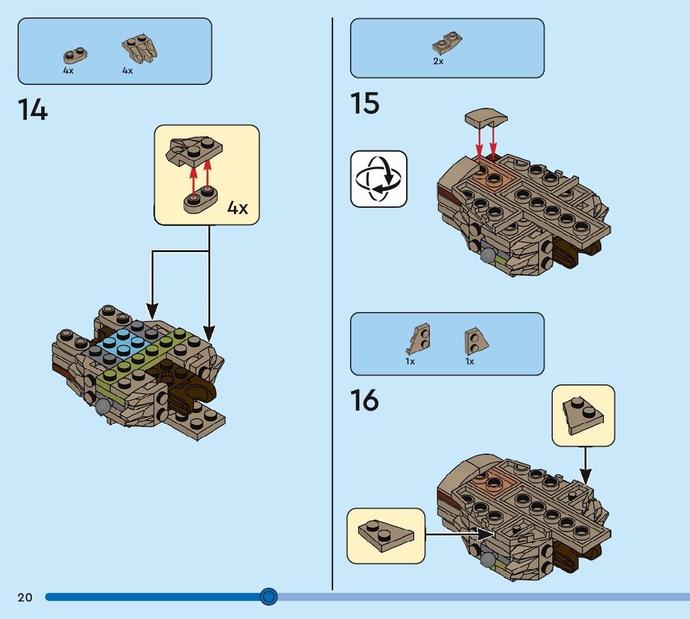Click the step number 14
click(33, 110)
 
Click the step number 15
click(365, 104)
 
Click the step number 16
click(365, 401)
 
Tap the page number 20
click(25, 597)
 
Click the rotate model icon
click(379, 178)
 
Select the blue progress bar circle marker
click(268, 597)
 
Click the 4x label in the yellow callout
click(238, 208)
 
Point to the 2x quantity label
click(438, 62)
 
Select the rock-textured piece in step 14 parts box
click(138, 49)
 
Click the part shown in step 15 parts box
click(447, 43)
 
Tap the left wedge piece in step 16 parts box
click(419, 340)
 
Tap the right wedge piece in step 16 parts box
click(476, 341)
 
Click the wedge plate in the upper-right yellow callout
click(583, 414)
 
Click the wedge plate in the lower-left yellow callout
click(385, 535)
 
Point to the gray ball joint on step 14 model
click(102, 406)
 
